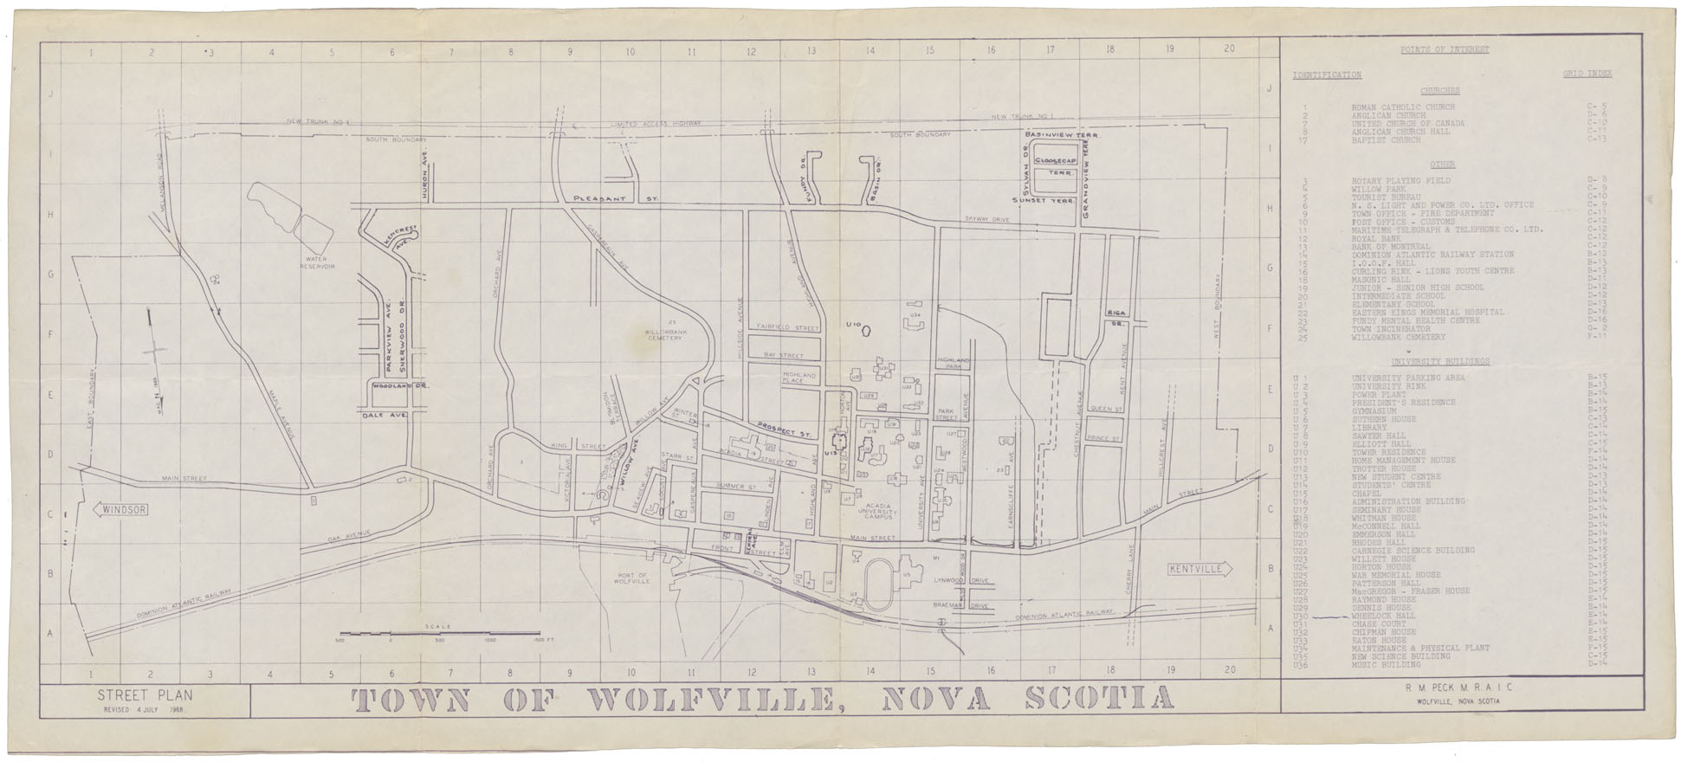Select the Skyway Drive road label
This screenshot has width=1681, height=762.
tap(987, 221)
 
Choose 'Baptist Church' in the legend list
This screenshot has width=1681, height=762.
tap(1386, 139)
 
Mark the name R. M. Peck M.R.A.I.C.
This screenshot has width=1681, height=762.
tap(1455, 688)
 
